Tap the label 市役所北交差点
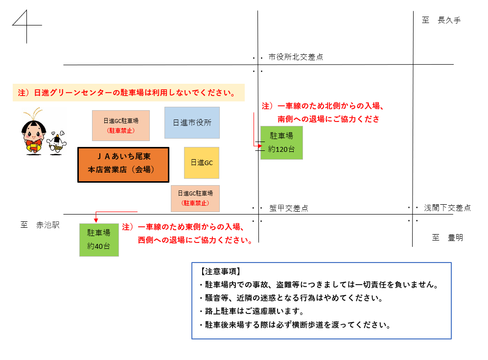coord(296,57)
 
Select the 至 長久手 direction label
coord(441,20)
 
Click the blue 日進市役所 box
coord(192,123)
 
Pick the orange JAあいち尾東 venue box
coord(123,165)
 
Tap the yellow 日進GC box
coord(202,163)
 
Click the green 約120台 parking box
coord(281,143)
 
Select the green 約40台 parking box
coord(99,240)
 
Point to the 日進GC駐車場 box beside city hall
coord(121,125)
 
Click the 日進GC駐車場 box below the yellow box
coord(195,198)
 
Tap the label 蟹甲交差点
coord(289,208)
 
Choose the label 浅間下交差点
coord(447,208)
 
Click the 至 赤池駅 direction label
coord(40,225)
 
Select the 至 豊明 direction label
coord(447,238)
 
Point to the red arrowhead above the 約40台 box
coord(96,220)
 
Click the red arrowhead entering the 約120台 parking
coord(260,146)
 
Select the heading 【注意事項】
coord(220,271)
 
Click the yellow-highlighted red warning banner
coord(129,93)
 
